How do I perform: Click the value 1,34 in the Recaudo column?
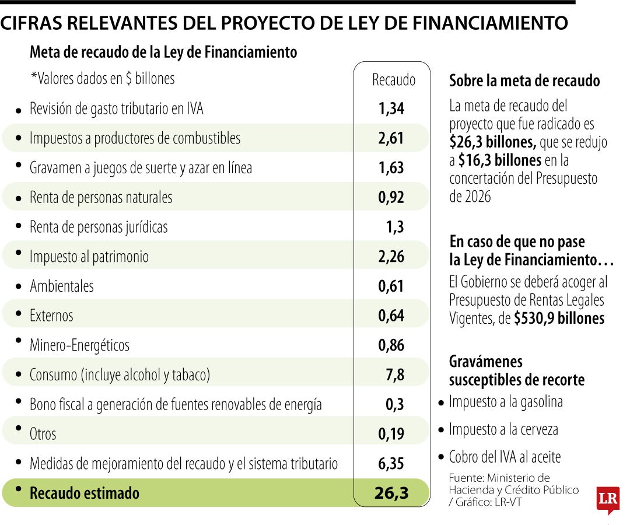tap(391, 108)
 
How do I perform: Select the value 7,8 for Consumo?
tap(394, 374)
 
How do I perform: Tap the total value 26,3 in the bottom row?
tap(391, 494)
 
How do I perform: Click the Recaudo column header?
tap(394, 80)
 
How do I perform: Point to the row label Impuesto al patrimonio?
tap(89, 257)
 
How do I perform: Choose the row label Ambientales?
tap(62, 286)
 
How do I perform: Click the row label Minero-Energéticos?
tap(79, 345)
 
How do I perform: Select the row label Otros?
tap(43, 434)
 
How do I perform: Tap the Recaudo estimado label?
tap(85, 494)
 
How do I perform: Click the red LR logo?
tap(607, 499)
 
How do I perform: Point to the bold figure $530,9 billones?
tap(559, 318)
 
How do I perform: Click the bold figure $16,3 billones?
tap(500, 160)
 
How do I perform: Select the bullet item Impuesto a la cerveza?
tap(503, 430)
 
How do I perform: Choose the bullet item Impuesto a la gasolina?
tap(505, 402)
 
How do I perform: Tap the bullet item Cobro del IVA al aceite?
tap(505, 457)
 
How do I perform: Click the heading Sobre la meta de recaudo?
tap(524, 81)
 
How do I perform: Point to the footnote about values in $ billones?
tap(102, 79)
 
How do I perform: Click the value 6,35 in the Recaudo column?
tap(391, 464)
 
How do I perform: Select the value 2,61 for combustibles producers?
tap(391, 138)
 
